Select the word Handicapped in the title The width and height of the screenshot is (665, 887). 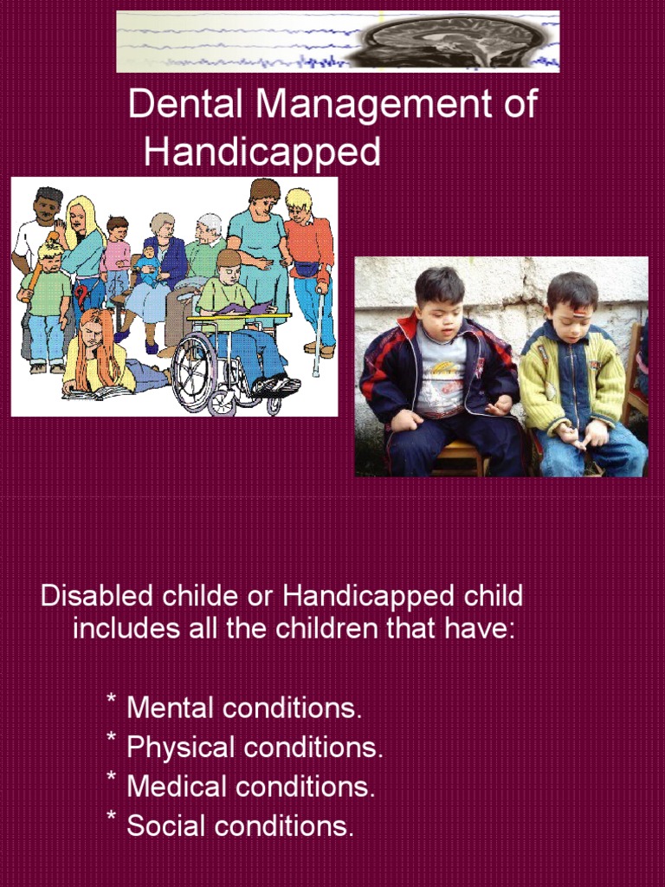click(x=262, y=152)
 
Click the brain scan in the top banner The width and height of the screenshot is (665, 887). click(x=459, y=42)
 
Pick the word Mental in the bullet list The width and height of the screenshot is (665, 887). click(x=171, y=709)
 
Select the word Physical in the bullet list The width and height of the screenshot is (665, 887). click(x=180, y=748)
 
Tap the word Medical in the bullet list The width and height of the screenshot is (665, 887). click(x=173, y=787)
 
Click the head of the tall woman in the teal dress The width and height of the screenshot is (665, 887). click(x=263, y=196)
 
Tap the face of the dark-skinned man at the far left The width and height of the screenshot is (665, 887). click(x=44, y=209)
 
